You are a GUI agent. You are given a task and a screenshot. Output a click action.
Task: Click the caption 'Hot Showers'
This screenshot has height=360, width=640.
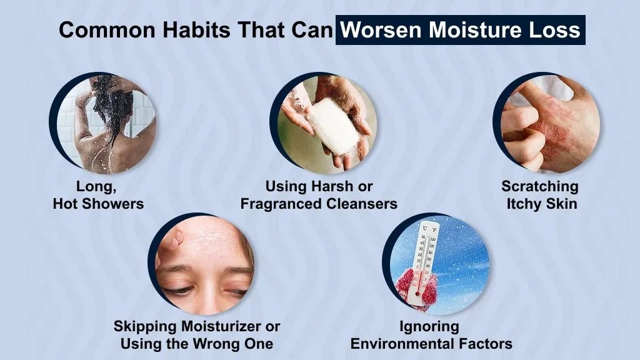[98, 204]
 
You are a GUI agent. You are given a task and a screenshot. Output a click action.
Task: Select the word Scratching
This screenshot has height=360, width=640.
[540, 186]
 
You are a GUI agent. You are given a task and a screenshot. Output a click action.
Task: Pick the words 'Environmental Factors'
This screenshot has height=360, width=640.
[431, 343]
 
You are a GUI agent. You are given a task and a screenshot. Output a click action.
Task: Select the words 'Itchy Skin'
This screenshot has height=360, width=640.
[541, 204]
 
